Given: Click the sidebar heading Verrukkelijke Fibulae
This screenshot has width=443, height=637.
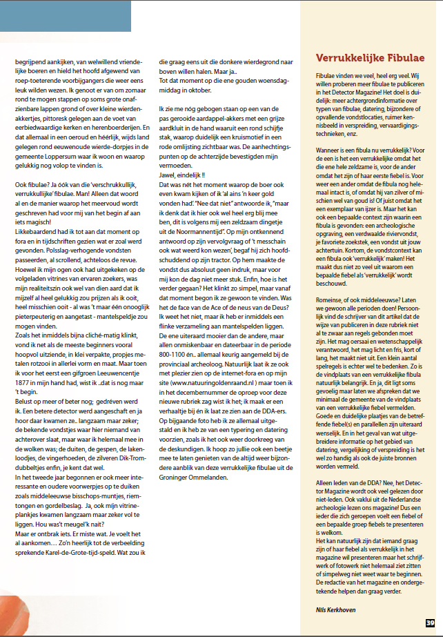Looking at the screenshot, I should (x=369, y=57).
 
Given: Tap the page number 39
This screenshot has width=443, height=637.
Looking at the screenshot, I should (x=430, y=624).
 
